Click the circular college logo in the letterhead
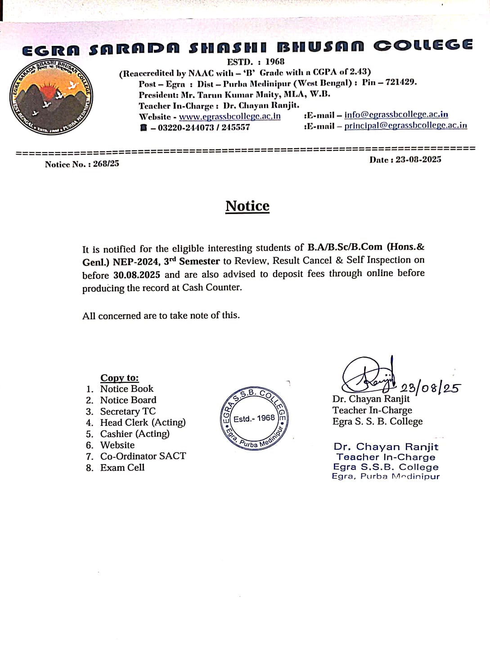[x=52, y=97]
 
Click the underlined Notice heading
[x=247, y=206]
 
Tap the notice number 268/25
[x=106, y=164]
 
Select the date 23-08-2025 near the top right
[x=418, y=160]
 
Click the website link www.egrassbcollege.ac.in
[x=229, y=116]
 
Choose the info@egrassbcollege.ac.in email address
[x=396, y=115]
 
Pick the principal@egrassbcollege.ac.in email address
[x=405, y=126]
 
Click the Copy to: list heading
[x=119, y=378]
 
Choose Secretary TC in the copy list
[x=128, y=411]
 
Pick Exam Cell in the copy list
[x=122, y=468]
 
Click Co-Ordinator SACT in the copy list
[x=143, y=456]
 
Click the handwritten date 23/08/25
[x=430, y=388]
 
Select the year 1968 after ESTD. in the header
[x=274, y=62]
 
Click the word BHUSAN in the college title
[x=320, y=47]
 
